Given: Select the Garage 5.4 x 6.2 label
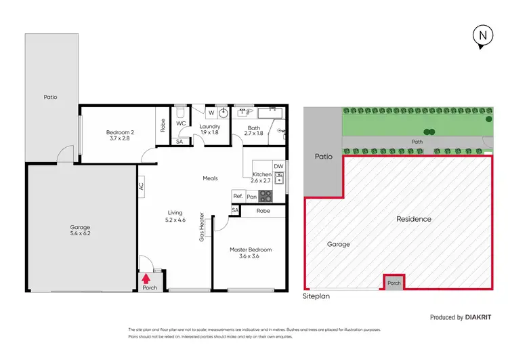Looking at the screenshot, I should tap(80, 230).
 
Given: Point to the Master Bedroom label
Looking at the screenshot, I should tap(250, 253).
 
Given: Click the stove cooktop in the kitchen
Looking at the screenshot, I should tap(266, 196).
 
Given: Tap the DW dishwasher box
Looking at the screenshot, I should tap(278, 166).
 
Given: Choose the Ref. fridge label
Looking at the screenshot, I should tap(238, 196).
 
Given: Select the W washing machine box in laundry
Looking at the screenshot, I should tap(211, 113).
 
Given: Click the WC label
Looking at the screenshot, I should tap(181, 124).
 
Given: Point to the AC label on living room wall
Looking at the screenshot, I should tap(142, 186).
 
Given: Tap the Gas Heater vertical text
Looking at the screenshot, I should tap(201, 227).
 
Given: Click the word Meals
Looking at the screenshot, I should tap(210, 178).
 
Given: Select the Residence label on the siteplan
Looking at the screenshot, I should tap(413, 219).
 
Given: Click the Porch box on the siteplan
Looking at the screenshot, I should tap(394, 283).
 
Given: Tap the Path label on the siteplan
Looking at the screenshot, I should tap(417, 142).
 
